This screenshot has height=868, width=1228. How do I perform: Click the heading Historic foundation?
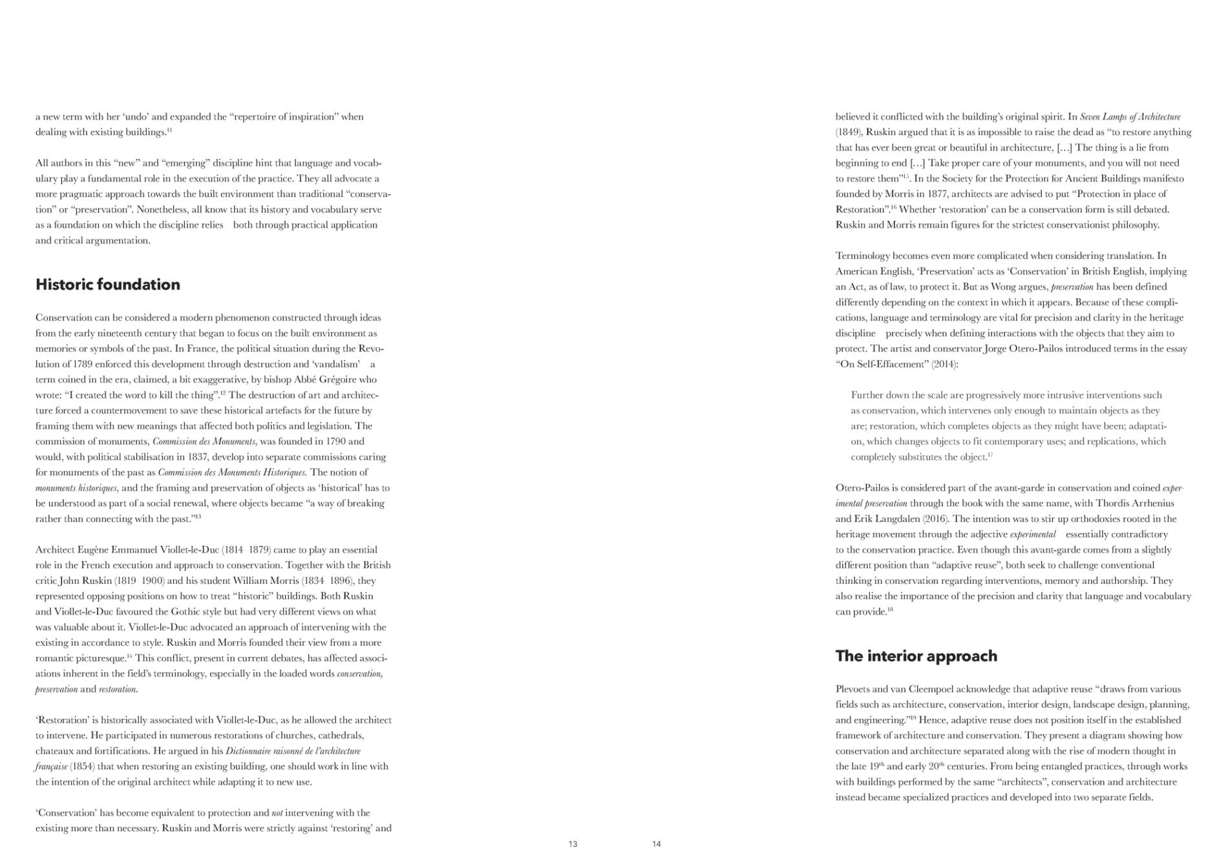tap(108, 285)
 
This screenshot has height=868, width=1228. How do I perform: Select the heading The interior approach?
tap(916, 656)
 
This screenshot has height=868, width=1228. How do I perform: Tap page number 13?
tap(573, 844)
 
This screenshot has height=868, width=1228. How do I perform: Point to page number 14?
tap(657, 844)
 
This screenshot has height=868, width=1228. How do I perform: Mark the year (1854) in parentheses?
tap(82, 767)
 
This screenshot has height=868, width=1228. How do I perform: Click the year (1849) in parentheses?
tap(849, 132)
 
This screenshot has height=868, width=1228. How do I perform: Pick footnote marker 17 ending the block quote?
tap(990, 456)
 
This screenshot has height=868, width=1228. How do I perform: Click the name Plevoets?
tap(856, 689)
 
